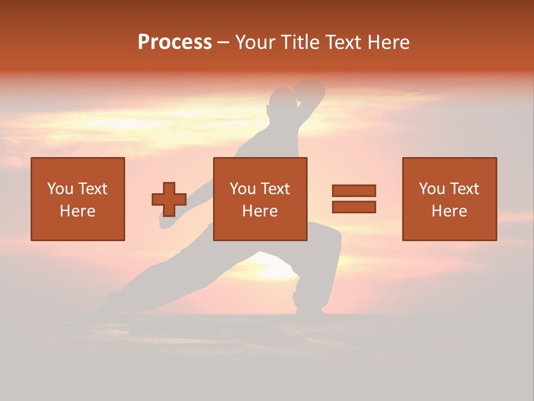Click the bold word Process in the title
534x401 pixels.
[x=175, y=42]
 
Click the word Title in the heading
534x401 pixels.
[x=298, y=42]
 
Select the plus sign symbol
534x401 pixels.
[x=169, y=199]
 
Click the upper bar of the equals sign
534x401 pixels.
[x=354, y=190]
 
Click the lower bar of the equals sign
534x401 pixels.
[x=354, y=207]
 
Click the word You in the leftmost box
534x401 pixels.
[x=60, y=189]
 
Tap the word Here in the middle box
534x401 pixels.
[x=260, y=211]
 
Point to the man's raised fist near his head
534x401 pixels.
[x=309, y=90]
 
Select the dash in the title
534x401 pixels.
[x=223, y=42]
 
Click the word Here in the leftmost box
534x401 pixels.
[x=77, y=211]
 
